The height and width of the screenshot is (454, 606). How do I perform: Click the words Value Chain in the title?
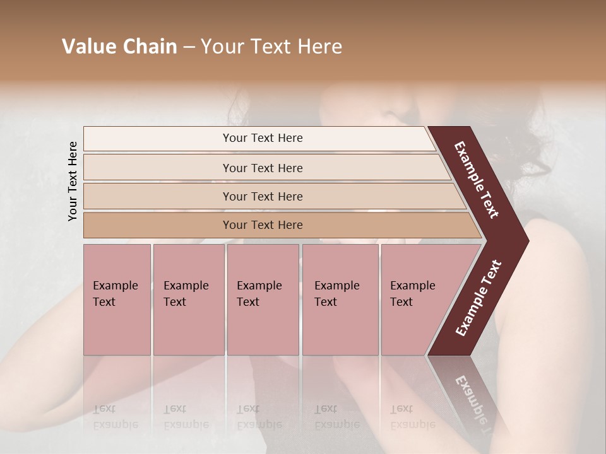[119, 47]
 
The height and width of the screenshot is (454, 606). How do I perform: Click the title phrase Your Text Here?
[271, 47]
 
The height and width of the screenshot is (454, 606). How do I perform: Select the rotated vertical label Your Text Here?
[73, 181]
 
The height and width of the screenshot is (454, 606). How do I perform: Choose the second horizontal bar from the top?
[263, 168]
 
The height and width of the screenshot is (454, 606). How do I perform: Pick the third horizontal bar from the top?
[263, 196]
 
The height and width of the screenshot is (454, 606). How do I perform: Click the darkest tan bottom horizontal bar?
[263, 225]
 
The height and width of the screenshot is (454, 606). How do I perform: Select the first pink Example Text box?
[117, 300]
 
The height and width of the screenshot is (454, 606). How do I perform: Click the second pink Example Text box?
[189, 300]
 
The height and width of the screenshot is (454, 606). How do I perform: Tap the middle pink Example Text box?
[263, 300]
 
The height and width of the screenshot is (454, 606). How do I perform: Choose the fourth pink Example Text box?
[340, 300]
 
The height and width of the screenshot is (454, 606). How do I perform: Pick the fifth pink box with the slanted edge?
[417, 300]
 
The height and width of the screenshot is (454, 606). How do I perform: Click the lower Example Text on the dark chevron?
[478, 298]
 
